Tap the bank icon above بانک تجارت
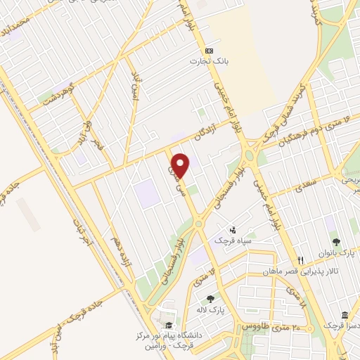(208, 51)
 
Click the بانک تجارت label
(205, 62)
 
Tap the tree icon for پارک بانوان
(335, 243)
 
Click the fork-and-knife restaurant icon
(300, 260)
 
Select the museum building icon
(345, 315)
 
